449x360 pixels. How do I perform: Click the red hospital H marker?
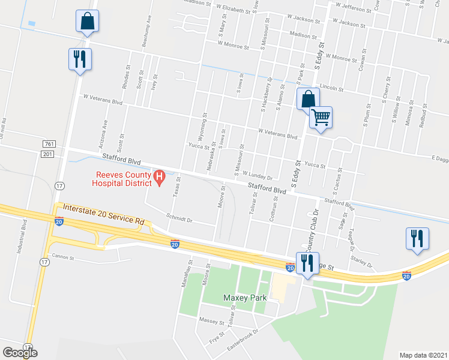tap(160, 176)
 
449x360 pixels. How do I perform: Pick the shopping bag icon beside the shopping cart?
tap(307, 98)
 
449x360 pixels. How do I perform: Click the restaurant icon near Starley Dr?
tap(416, 238)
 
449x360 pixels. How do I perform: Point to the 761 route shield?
tap(49, 144)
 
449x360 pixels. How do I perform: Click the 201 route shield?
tap(49, 154)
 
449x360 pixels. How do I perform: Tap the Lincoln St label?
tap(330, 88)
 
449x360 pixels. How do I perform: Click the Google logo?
tap(20, 353)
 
